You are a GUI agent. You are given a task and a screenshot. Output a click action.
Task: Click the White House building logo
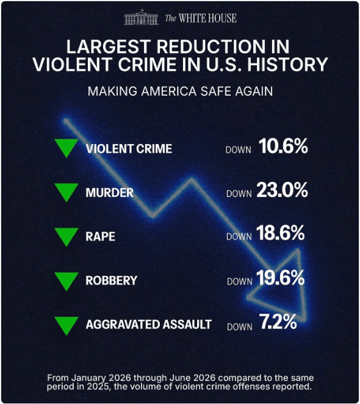(x=141, y=17)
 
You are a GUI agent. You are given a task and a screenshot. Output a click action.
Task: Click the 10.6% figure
(x=283, y=146)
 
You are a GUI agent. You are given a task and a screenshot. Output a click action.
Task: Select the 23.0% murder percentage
(x=282, y=190)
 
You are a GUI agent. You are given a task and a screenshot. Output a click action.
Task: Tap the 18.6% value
(x=280, y=233)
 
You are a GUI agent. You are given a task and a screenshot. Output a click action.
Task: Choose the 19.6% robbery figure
(x=280, y=278)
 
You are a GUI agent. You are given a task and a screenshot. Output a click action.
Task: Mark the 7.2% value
(x=278, y=322)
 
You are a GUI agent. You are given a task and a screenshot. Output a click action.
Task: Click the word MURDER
(x=109, y=193)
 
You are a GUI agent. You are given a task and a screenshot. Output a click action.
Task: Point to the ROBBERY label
(x=111, y=281)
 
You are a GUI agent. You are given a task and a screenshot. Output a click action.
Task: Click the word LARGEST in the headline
(x=109, y=46)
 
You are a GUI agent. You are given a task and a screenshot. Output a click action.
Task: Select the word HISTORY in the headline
(x=287, y=64)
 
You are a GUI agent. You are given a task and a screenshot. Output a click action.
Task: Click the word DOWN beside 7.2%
(x=240, y=327)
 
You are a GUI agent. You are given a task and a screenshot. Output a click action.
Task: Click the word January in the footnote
(x=88, y=378)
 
